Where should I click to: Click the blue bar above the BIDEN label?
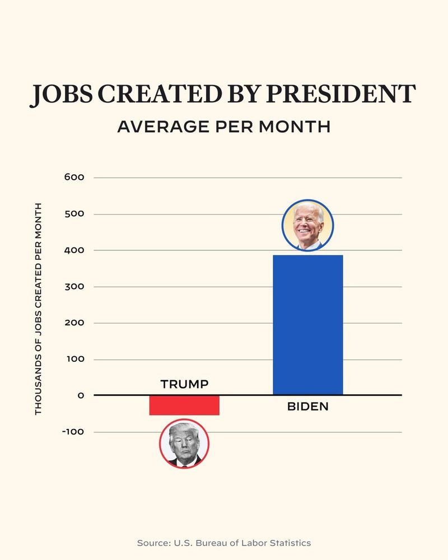tap(307, 325)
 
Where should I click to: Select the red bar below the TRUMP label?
tap(184, 405)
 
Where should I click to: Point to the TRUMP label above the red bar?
tap(184, 384)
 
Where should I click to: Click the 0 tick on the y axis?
tap(81, 395)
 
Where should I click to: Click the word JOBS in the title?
tap(55, 95)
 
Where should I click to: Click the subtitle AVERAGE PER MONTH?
tap(223, 127)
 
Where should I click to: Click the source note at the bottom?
tap(223, 543)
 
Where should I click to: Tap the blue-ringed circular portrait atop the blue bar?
tap(307, 225)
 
